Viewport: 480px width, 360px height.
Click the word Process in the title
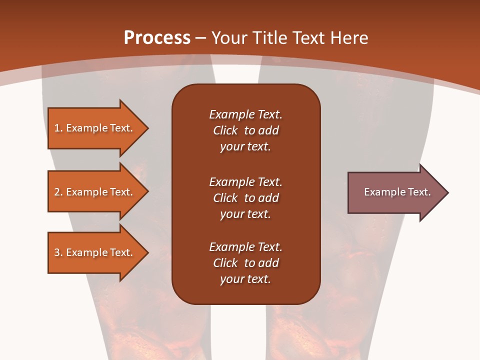[157, 38]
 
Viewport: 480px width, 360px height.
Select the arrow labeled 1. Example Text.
[95, 128]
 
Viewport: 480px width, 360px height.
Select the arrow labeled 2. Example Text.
[95, 192]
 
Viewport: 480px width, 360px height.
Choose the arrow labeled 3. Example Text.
[95, 252]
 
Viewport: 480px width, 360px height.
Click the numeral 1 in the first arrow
[56, 128]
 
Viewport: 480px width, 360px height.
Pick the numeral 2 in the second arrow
[56, 192]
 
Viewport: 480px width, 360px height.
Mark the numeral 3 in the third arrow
[56, 252]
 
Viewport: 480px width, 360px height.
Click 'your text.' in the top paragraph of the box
[245, 147]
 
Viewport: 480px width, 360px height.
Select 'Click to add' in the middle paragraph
[245, 198]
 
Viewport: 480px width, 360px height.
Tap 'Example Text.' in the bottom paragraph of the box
[245, 247]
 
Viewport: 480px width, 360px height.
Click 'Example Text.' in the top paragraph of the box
[245, 114]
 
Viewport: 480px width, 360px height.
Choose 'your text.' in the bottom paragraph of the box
[245, 279]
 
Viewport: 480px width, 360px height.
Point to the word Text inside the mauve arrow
[419, 192]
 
